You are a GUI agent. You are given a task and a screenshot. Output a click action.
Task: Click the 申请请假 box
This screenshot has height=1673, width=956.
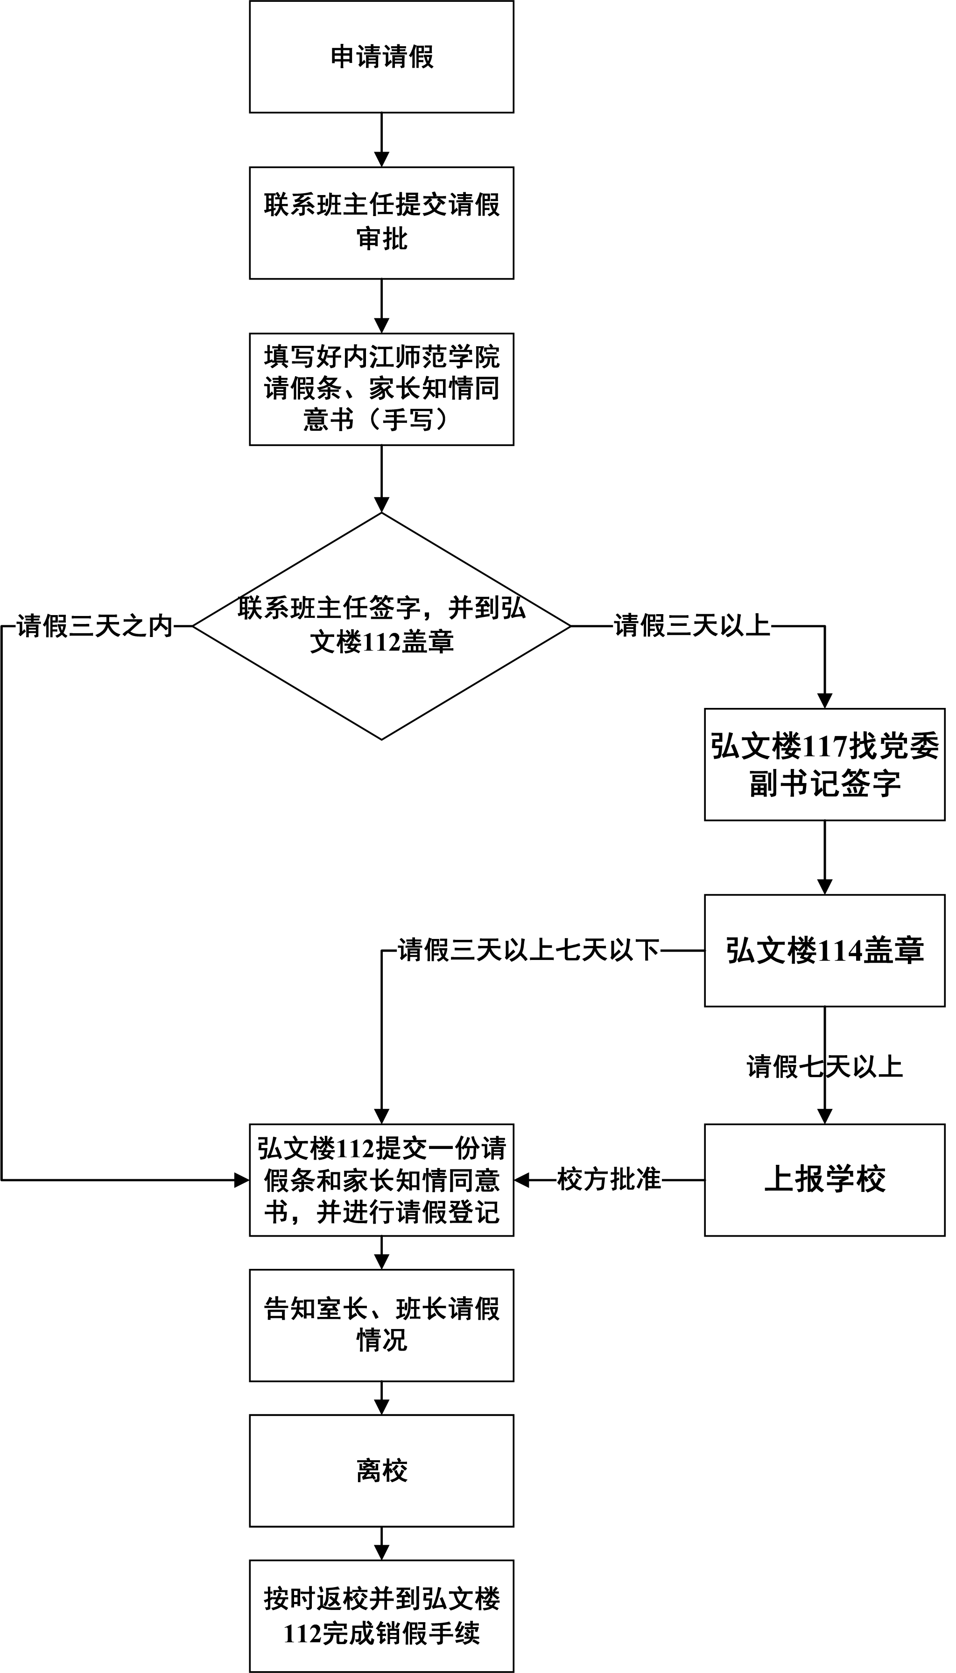(381, 57)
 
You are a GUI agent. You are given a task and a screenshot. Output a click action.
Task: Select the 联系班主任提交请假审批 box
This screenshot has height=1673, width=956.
(381, 223)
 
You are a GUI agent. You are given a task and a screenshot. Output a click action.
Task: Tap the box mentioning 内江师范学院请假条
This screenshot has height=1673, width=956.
(381, 389)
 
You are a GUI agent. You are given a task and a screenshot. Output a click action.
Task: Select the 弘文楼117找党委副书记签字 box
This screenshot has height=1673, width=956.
(825, 764)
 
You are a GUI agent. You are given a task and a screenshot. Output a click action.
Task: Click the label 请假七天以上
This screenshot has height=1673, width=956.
(825, 1066)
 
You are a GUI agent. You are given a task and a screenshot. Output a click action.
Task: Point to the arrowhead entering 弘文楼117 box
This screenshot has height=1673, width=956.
(825, 701)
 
